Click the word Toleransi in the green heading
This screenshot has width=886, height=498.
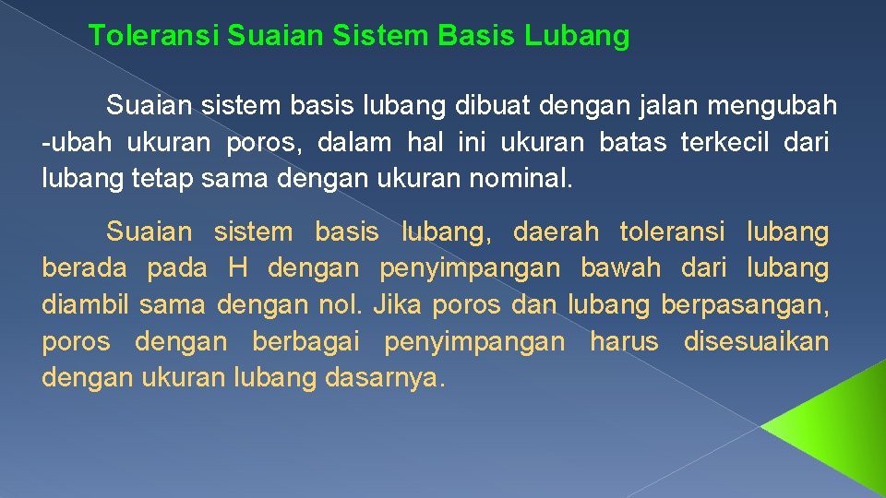coord(153,37)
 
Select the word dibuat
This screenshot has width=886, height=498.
coord(487,106)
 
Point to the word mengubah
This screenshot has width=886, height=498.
coord(772,106)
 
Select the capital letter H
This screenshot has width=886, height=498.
coord(238,269)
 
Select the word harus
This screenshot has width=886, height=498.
coord(624,342)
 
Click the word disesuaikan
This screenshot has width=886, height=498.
coord(756,342)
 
